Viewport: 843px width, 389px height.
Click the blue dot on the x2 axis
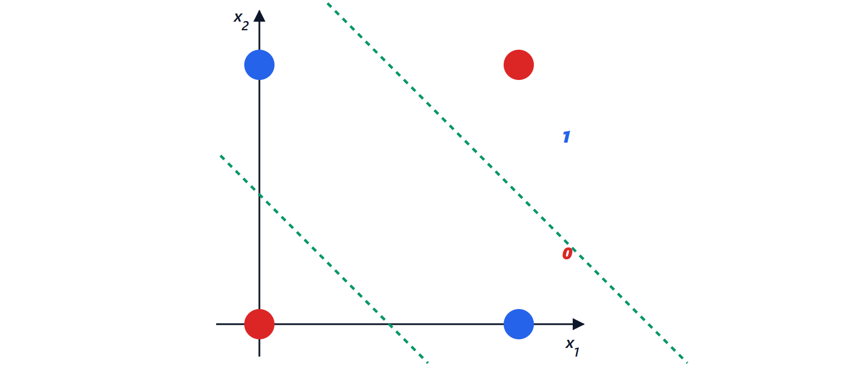click(x=259, y=65)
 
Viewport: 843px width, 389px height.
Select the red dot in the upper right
click(x=519, y=65)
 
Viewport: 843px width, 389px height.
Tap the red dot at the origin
click(x=259, y=324)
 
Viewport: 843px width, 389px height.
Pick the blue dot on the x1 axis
click(x=519, y=324)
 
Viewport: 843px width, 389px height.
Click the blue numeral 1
click(x=566, y=137)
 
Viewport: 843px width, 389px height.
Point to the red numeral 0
click(x=567, y=253)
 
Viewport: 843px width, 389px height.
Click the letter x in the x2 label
click(x=238, y=17)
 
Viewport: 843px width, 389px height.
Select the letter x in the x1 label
click(x=570, y=344)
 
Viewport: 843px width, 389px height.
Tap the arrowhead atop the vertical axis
click(x=259, y=16)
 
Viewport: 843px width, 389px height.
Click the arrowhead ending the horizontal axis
click(x=578, y=324)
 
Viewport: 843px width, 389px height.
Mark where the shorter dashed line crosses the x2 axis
click(x=259, y=195)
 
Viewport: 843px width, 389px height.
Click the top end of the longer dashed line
click(x=327, y=3)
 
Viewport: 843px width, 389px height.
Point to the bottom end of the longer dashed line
click(x=687, y=363)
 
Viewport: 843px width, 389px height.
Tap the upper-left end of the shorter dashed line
click(x=220, y=156)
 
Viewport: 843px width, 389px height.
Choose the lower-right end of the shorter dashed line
click(x=428, y=363)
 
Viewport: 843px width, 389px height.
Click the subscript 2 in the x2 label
click(x=245, y=26)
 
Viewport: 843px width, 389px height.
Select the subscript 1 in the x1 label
click(x=577, y=352)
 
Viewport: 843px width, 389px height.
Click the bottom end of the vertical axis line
click(x=259, y=356)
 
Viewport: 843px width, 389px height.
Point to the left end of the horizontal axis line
click(x=216, y=324)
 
